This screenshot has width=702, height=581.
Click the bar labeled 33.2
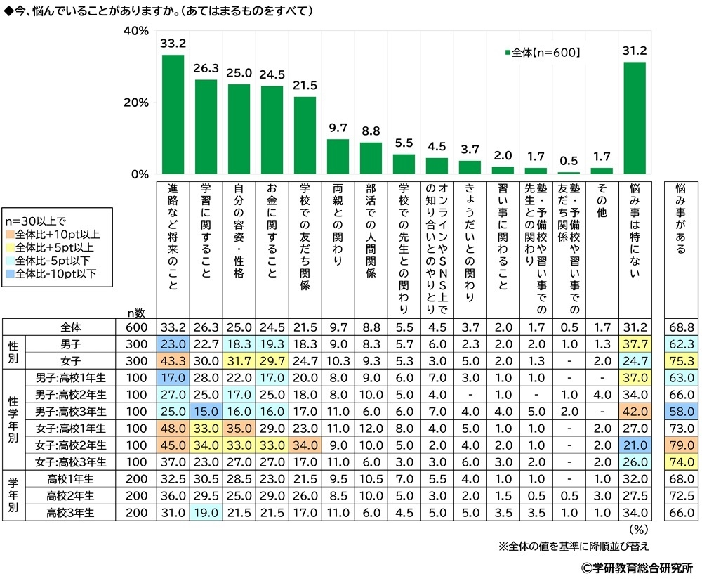(x=173, y=115)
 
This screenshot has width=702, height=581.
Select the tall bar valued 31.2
(x=635, y=118)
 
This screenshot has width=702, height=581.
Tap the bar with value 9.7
(x=338, y=157)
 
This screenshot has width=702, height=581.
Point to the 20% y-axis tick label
(x=136, y=103)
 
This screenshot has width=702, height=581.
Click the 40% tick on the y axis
(x=136, y=31)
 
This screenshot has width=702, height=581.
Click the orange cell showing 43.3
(x=173, y=360)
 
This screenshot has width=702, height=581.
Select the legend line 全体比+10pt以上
(x=55, y=233)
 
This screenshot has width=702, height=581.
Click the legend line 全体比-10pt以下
(x=55, y=273)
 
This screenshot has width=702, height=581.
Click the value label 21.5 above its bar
(x=305, y=86)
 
